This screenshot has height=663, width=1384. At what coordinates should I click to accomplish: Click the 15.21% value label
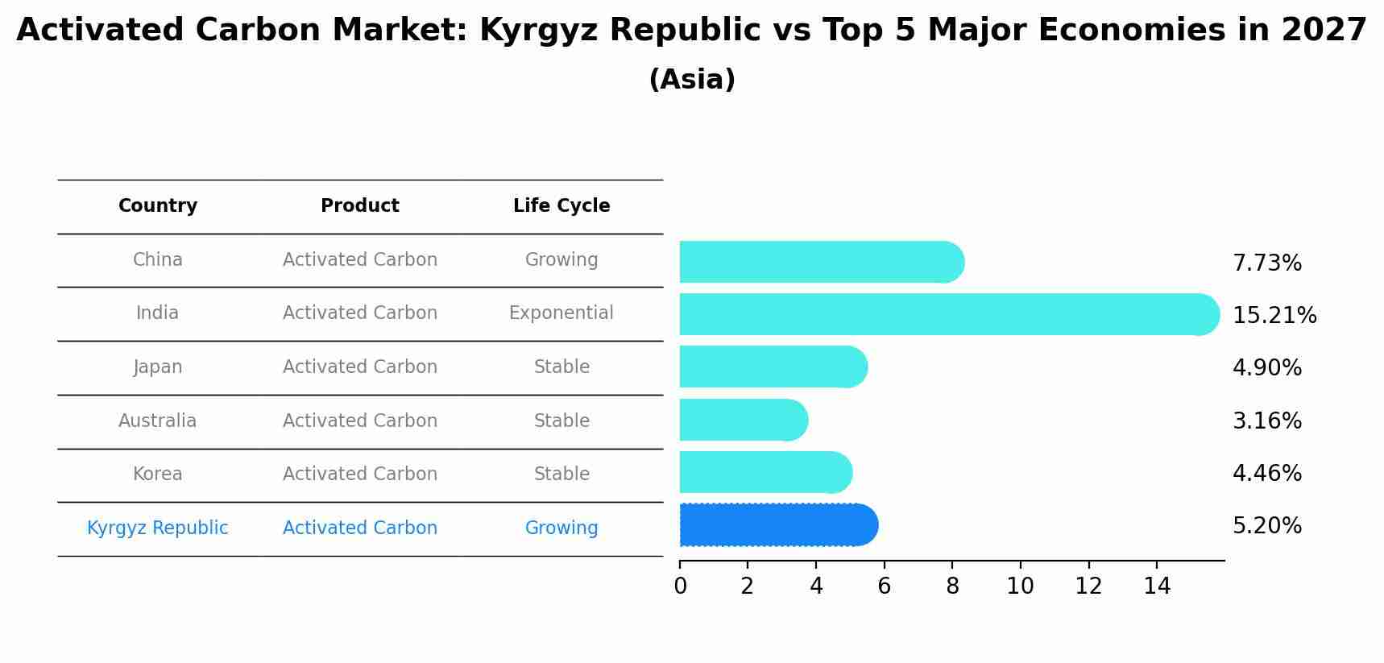click(1274, 315)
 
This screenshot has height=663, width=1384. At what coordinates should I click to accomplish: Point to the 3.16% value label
click(1266, 421)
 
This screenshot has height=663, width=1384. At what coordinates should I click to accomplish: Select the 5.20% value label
click(1266, 526)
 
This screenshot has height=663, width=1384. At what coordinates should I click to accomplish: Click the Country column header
click(158, 206)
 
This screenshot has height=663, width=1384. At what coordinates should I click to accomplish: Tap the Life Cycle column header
click(561, 206)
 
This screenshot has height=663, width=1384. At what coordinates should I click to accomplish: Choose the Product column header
click(359, 206)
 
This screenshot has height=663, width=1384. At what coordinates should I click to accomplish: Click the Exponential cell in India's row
click(561, 313)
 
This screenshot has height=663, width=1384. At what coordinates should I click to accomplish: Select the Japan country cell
click(158, 367)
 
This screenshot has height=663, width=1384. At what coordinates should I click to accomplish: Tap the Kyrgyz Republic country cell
click(158, 528)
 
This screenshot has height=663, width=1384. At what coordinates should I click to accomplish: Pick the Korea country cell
click(158, 474)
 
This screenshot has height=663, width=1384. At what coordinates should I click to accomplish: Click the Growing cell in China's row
click(561, 260)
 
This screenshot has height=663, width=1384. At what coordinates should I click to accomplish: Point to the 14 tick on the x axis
click(1157, 586)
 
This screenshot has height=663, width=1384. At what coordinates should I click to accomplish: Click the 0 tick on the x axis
click(680, 586)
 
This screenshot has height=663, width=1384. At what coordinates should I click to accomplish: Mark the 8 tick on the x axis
click(952, 586)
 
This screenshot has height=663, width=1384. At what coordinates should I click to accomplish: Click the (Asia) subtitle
click(691, 80)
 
